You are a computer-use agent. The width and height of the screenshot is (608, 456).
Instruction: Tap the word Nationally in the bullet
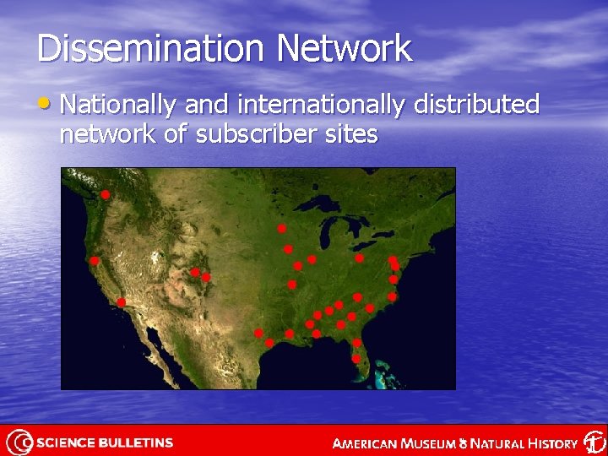point(117,105)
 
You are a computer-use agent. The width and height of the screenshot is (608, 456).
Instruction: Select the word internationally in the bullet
point(324,105)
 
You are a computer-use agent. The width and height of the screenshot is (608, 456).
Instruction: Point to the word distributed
point(476,105)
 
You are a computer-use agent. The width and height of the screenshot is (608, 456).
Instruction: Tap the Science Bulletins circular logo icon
point(18,442)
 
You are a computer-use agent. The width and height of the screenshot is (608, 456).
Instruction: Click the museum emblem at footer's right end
point(594,442)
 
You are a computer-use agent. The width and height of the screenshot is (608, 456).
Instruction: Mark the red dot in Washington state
point(106,195)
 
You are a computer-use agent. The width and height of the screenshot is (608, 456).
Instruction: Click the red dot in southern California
point(121,302)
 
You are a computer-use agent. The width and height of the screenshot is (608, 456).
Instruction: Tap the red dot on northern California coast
point(95,261)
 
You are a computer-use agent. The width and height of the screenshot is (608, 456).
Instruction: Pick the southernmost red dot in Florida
point(356,359)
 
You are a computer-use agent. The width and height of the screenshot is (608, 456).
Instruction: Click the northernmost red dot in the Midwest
point(281,228)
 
